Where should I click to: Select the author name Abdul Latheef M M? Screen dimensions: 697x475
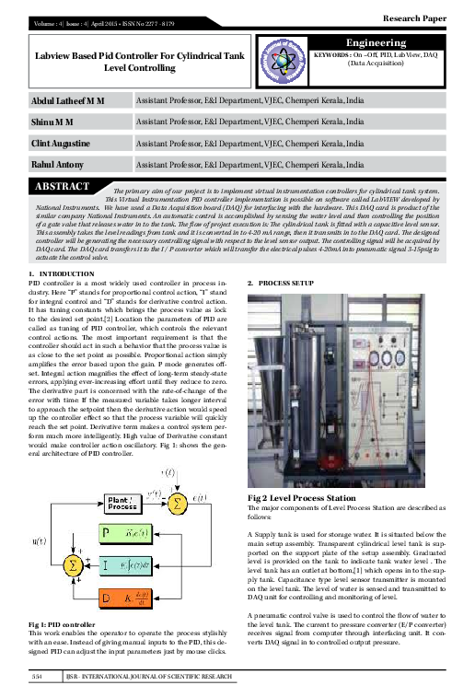(68, 99)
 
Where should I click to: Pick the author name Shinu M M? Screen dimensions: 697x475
(51, 121)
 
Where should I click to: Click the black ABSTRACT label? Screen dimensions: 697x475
(62, 187)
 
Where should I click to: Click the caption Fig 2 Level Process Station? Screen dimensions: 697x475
(296, 498)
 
